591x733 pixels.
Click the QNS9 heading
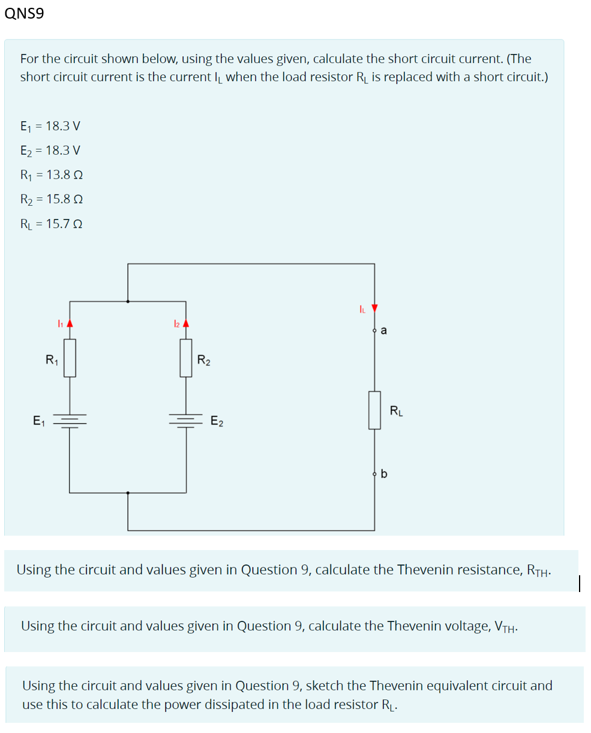click(x=24, y=14)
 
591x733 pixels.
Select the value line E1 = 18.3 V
click(x=50, y=126)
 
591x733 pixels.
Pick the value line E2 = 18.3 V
click(x=50, y=150)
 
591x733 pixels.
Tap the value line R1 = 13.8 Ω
click(x=51, y=175)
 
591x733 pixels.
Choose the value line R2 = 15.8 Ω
click(x=51, y=199)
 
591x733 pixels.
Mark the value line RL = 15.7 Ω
click(x=51, y=223)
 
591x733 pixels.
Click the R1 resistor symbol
click(x=70, y=358)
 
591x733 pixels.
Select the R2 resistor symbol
click(x=186, y=358)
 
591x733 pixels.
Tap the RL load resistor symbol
click(x=375, y=410)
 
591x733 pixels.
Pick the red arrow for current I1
click(x=70, y=323)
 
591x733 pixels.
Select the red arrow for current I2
click(x=186, y=323)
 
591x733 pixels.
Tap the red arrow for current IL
click(x=375, y=308)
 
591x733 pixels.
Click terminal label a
click(x=384, y=330)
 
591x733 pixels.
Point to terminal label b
click(x=384, y=474)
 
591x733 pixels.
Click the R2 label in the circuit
click(x=204, y=361)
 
